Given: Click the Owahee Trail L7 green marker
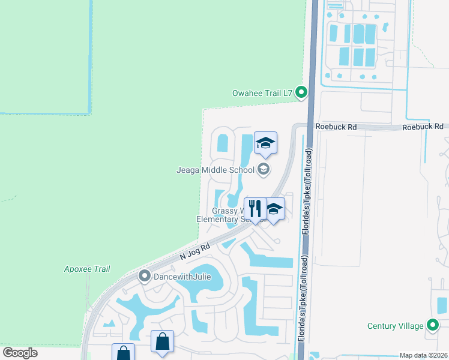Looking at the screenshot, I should pyautogui.click(x=302, y=92).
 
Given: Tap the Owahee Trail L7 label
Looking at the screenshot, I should pyautogui.click(x=262, y=93).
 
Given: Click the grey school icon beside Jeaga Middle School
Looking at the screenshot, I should pyautogui.click(x=263, y=170).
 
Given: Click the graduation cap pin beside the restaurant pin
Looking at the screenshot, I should pyautogui.click(x=274, y=209).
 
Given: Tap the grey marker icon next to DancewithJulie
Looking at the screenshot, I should pyautogui.click(x=144, y=277).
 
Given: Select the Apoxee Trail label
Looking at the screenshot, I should pyautogui.click(x=87, y=269).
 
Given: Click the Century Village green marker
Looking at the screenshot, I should pyautogui.click(x=433, y=326).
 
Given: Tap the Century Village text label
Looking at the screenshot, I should pyautogui.click(x=396, y=326).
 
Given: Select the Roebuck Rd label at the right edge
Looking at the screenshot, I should pyautogui.click(x=423, y=127).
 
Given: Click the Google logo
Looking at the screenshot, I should pyautogui.click(x=20, y=353).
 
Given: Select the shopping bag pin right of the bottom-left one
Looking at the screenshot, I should pyautogui.click(x=162, y=342).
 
